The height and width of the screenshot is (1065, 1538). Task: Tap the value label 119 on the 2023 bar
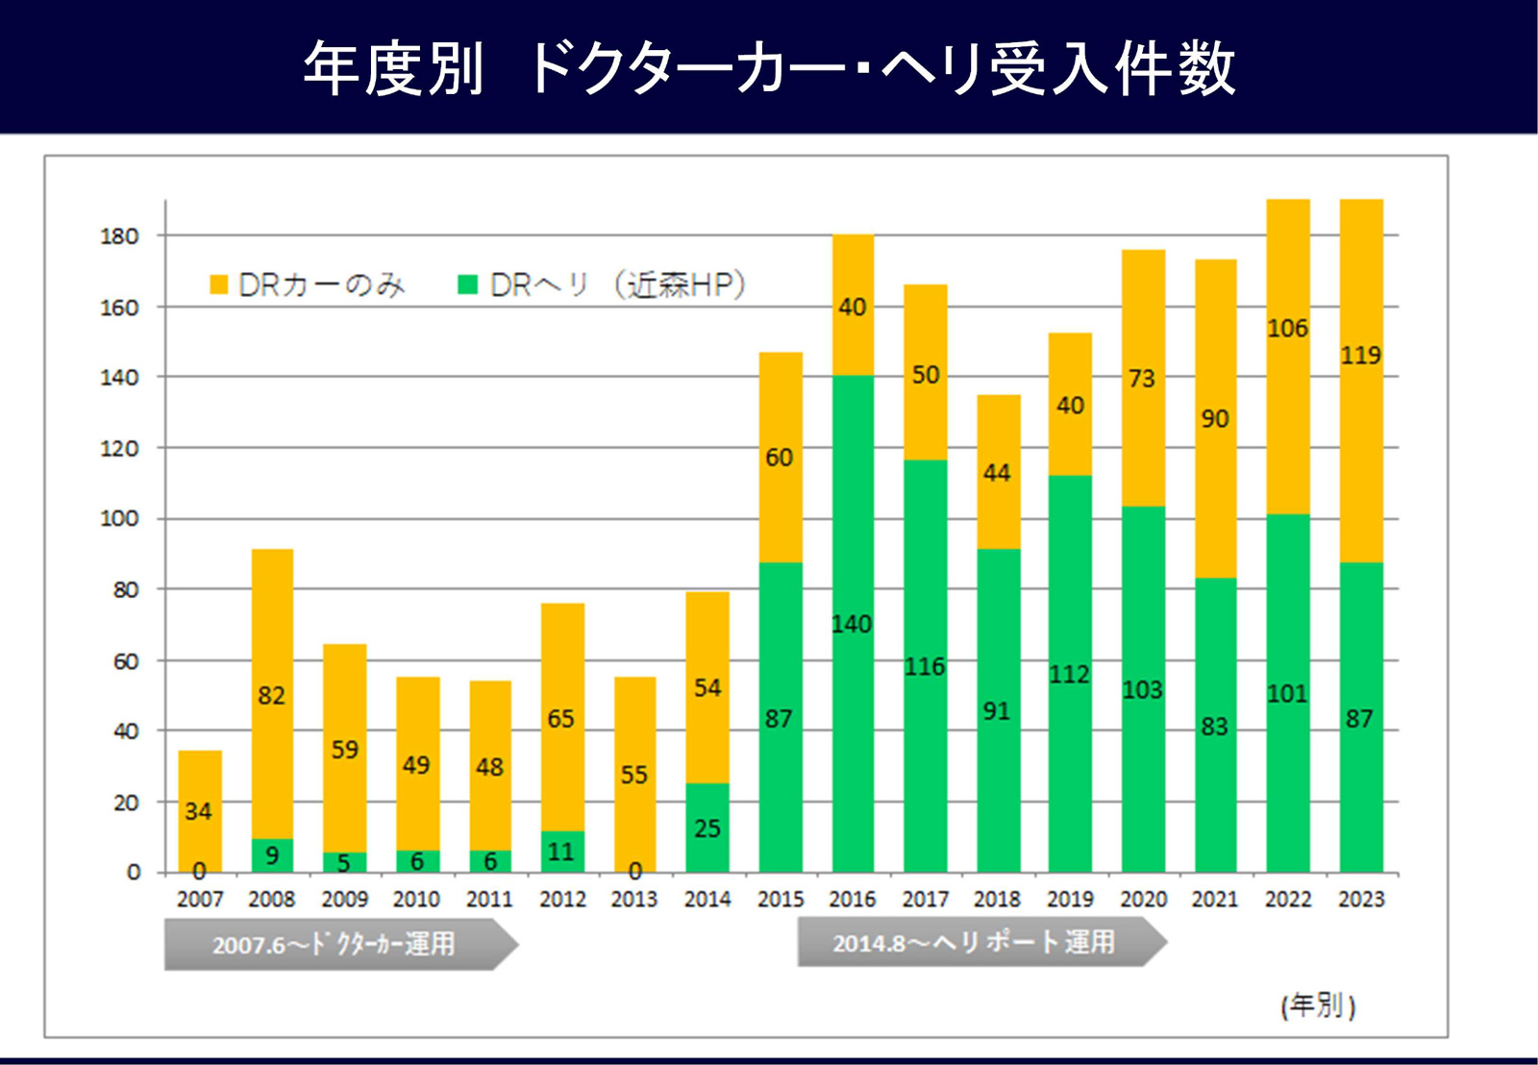pyautogui.click(x=1360, y=356)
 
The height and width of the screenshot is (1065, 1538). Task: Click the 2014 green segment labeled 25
pyautogui.click(x=707, y=828)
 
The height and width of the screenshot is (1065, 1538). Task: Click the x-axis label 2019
pyautogui.click(x=1070, y=900)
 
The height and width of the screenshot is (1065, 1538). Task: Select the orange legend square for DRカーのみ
pyautogui.click(x=218, y=285)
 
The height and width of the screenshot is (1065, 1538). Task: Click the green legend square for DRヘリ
pyautogui.click(x=468, y=285)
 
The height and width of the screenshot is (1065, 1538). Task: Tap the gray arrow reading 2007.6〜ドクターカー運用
pyautogui.click(x=336, y=944)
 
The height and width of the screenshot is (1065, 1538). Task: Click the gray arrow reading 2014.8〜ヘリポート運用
pyautogui.click(x=976, y=942)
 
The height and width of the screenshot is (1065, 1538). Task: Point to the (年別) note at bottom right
pyautogui.click(x=1318, y=1005)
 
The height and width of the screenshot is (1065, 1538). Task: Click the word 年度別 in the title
pyautogui.click(x=393, y=68)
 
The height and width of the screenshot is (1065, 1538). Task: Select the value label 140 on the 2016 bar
pyautogui.click(x=852, y=625)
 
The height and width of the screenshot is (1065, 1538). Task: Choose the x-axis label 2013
pyautogui.click(x=634, y=900)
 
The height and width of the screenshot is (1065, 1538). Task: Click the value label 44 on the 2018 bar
pyautogui.click(x=997, y=473)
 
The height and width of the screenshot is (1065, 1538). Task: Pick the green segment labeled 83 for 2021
pyautogui.click(x=1215, y=727)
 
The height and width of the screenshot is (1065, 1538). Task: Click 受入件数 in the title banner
pyautogui.click(x=1112, y=68)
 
